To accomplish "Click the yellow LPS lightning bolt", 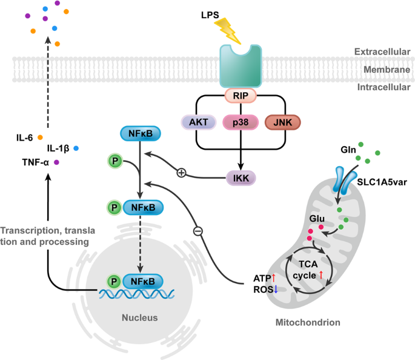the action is pos(228,31).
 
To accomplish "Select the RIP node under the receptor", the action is pos(241,96).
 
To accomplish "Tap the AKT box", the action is pos(199,122).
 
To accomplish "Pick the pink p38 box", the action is pos(241,122).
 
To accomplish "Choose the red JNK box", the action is pos(283,122).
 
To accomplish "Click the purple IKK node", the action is pos(241,178).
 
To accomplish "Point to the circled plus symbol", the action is pos(181,173).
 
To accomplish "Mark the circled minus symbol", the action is pos(198,231).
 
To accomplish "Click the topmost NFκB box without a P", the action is pos(141,133).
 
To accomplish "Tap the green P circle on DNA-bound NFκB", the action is pos(114,281).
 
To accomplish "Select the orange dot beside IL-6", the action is pos(40,138).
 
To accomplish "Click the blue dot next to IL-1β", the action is pos(76,148).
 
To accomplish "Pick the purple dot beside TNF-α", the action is pos(56,162).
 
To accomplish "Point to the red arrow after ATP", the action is pos(274,278).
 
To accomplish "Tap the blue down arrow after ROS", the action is pos(276,289).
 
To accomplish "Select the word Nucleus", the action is pos(140,318).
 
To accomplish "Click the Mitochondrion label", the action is pos(308,322).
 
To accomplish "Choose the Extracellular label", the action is pos(382,52).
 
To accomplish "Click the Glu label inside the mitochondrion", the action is pos(317,219).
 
